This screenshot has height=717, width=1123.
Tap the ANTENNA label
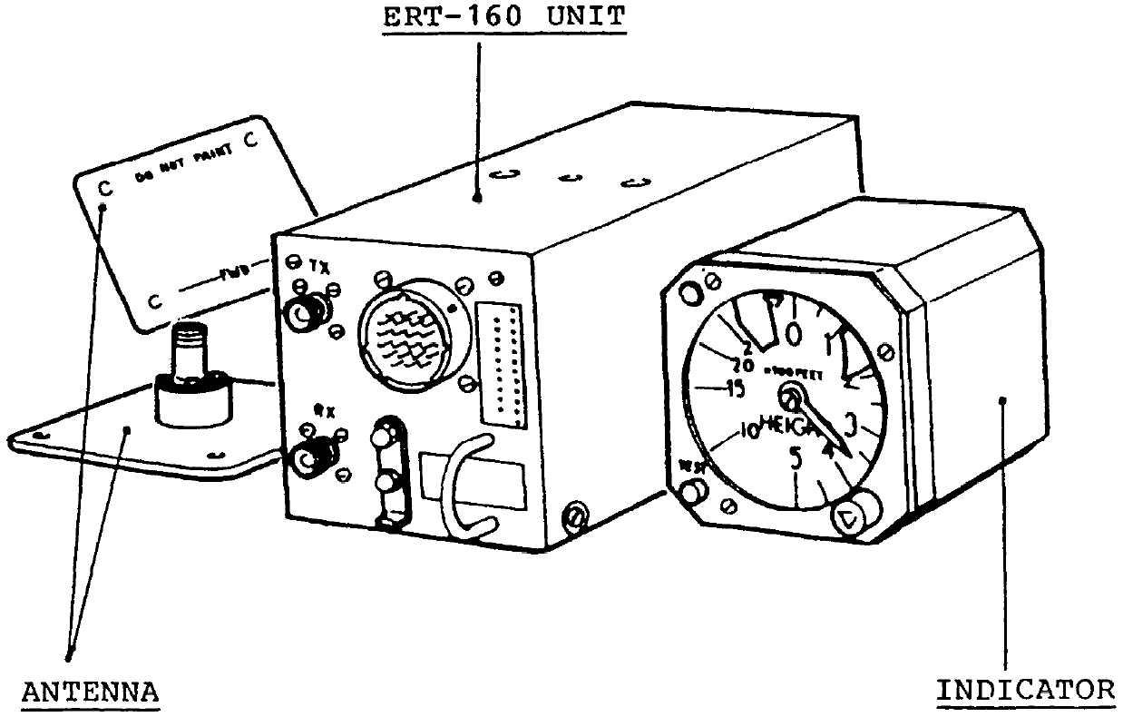point(90,692)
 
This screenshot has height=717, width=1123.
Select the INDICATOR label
point(1026,690)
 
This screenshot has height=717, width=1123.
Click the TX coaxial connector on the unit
point(299,314)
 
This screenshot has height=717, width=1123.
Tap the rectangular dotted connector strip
point(502,365)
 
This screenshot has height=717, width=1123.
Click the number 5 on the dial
point(796,458)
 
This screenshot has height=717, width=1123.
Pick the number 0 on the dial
point(795,334)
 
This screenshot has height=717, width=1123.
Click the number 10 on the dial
point(747,430)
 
